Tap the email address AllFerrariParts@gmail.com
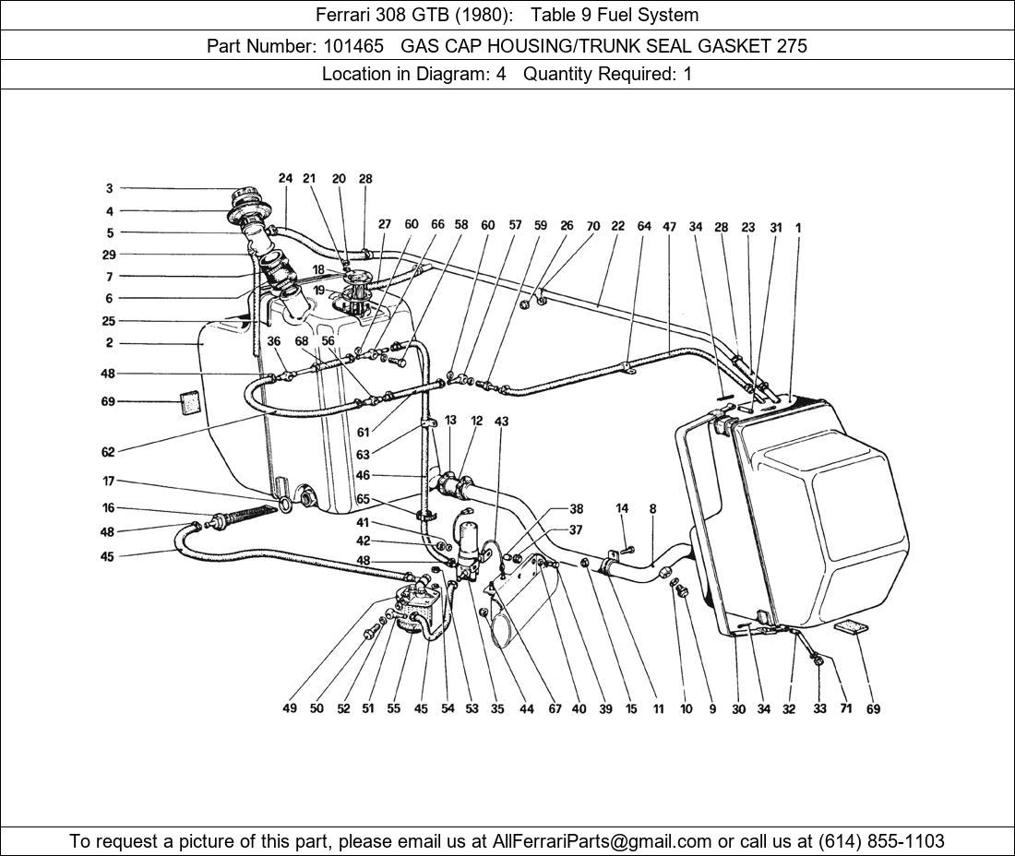tap(603, 841)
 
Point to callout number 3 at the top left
tap(109, 189)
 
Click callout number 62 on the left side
tap(109, 453)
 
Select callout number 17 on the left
tap(109, 481)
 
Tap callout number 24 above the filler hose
tap(285, 179)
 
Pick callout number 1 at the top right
tap(798, 227)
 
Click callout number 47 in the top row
tap(670, 227)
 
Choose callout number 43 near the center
tap(501, 422)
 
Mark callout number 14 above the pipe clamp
tap(623, 508)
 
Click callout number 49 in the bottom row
tap(290, 708)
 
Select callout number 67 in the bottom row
tap(554, 708)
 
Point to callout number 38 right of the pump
tap(576, 509)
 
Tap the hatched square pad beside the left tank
tap(189, 402)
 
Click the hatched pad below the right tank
tap(850, 627)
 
